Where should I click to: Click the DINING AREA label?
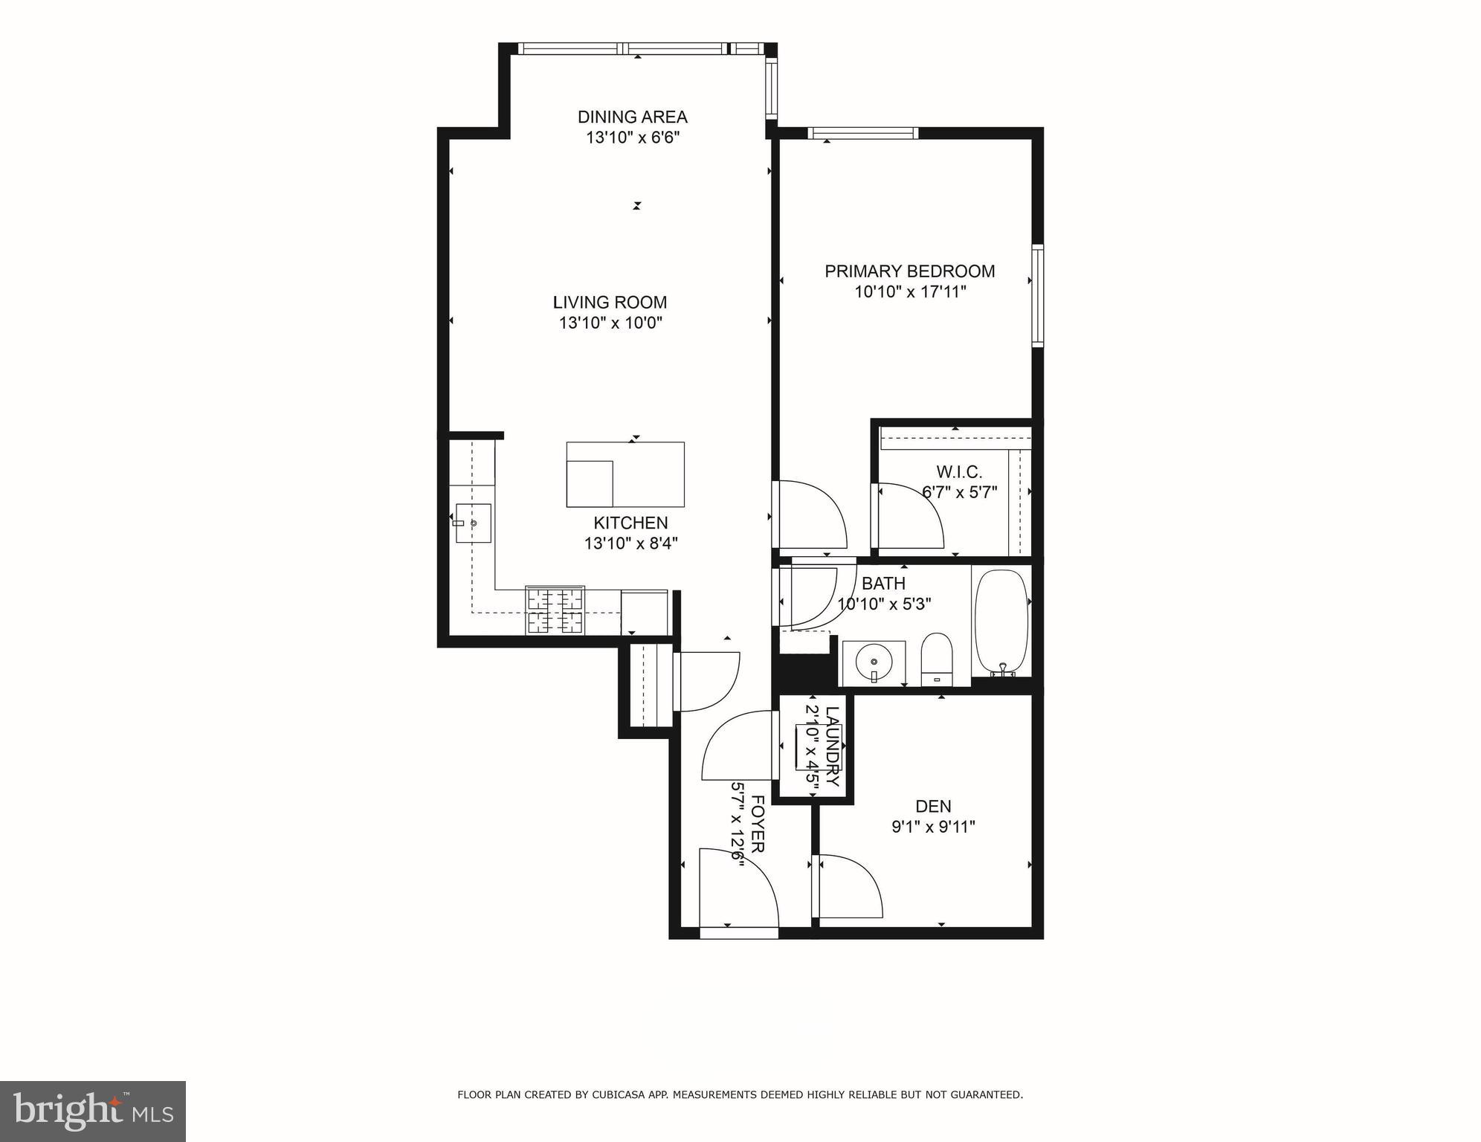(632, 117)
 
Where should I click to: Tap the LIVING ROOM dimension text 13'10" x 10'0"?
(610, 323)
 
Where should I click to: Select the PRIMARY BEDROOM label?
(909, 271)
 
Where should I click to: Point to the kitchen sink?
(473, 523)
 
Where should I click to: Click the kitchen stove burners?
(555, 610)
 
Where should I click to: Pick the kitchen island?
(625, 474)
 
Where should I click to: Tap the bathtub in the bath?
(1001, 623)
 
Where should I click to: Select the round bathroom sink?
(874, 660)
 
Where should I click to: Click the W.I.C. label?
(959, 472)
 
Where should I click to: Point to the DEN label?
(933, 807)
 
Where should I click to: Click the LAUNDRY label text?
(832, 746)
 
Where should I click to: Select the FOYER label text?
(758, 824)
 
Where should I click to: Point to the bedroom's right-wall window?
(1037, 295)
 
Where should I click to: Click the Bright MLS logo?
(92, 1111)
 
